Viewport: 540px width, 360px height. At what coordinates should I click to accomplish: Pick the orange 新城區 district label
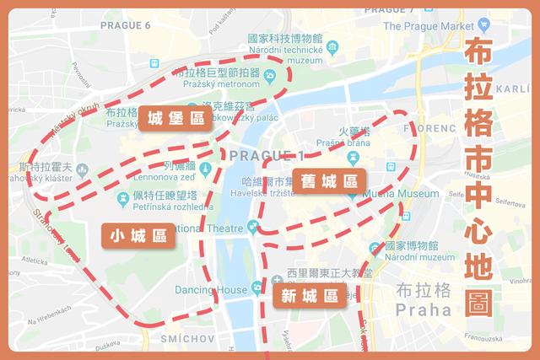pos(309,295)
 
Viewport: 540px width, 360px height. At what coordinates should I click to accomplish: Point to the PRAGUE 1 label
pos(265,156)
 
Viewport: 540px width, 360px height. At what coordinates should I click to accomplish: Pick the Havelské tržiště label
pos(262,193)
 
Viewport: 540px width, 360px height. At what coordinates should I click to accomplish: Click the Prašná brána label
pos(343,144)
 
